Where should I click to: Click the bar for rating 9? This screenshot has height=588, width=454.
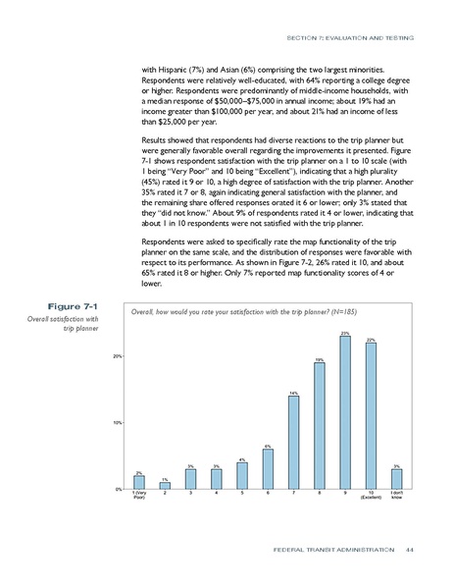tap(345, 413)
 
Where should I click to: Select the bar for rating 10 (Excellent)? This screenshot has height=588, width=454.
tap(371, 416)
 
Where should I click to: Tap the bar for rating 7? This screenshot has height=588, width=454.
tap(293, 443)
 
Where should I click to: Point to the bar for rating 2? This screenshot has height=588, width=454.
tap(165, 485)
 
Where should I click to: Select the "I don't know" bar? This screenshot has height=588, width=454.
tap(396, 479)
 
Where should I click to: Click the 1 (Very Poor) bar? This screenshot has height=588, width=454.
tap(139, 482)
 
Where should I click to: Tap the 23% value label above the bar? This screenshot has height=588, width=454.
tap(345, 335)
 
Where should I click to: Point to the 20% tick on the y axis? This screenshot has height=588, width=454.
tap(117, 356)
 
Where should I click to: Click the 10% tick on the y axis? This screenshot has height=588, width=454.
tap(117, 423)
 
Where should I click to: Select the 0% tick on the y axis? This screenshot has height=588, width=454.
tap(118, 489)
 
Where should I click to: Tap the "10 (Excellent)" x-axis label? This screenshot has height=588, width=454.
tap(371, 497)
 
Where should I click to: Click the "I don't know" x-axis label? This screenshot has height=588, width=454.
tap(396, 497)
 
